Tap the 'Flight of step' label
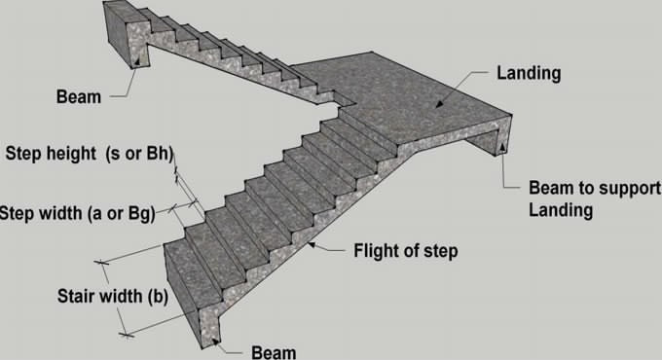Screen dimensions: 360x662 [x=406, y=251]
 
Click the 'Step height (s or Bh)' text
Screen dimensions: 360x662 [x=86, y=153]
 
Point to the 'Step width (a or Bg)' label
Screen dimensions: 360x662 [x=76, y=213]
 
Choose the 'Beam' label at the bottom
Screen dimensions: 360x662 [x=273, y=350]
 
